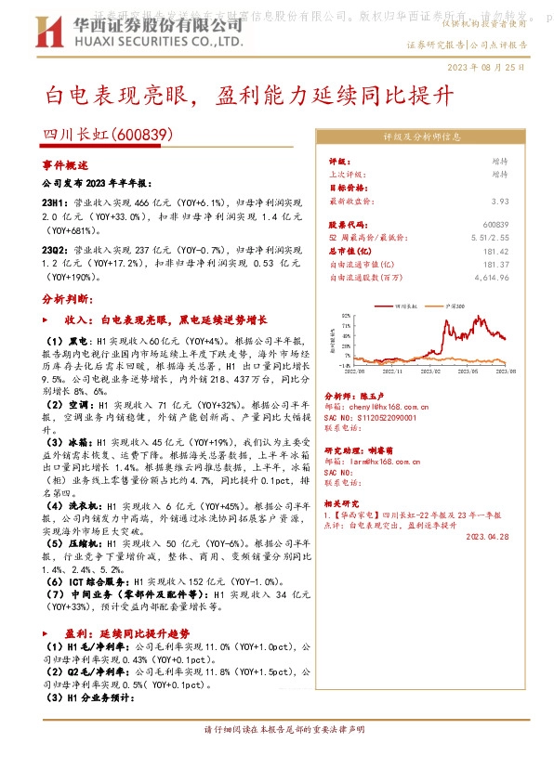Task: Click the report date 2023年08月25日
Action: point(486,67)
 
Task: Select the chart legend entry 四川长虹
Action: point(407,305)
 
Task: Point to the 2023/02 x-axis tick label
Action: point(433,370)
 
